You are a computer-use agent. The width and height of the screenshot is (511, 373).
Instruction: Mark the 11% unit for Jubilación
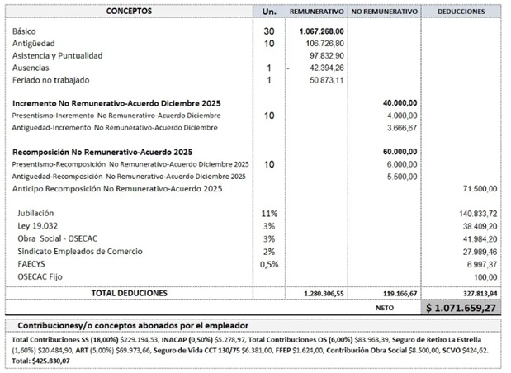268,214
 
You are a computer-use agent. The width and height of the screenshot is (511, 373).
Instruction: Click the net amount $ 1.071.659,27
463,308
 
